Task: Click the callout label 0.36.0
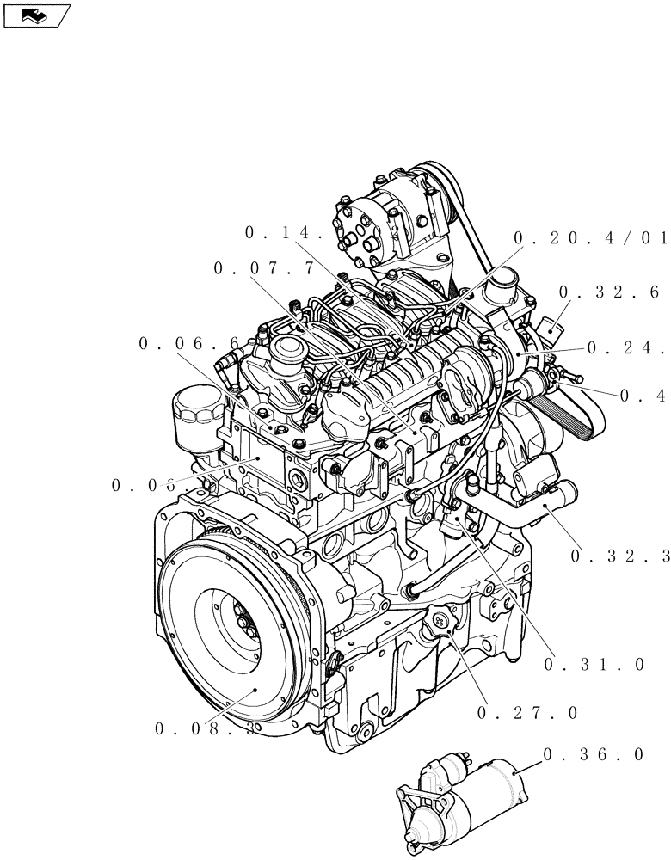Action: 593,754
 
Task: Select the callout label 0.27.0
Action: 526,712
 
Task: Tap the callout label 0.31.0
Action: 594,664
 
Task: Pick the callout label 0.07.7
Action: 265,269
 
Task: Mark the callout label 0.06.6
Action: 189,344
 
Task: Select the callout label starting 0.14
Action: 284,232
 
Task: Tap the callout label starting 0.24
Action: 626,348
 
